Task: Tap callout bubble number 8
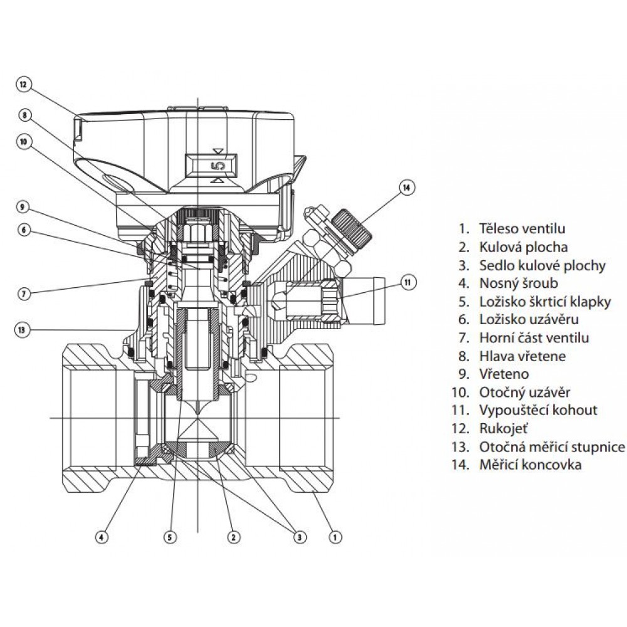tap(24, 115)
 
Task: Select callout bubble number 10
tap(24, 142)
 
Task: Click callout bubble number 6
tap(24, 230)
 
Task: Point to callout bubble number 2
tap(233, 536)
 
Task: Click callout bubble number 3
tap(300, 536)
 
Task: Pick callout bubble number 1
tap(335, 536)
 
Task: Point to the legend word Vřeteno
tap(503, 374)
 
